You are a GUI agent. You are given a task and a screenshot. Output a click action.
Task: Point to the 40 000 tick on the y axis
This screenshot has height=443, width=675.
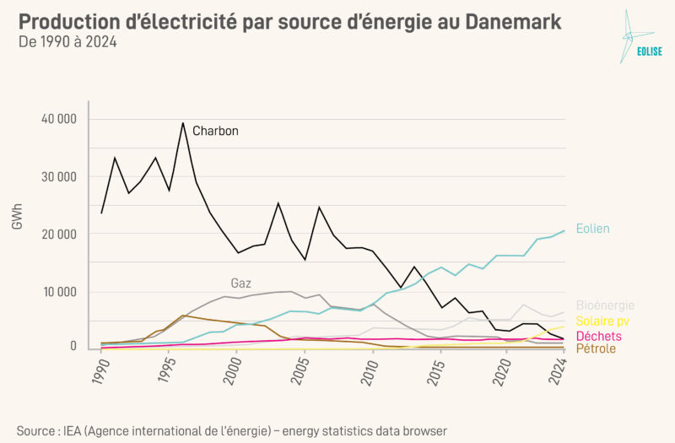pos(59,119)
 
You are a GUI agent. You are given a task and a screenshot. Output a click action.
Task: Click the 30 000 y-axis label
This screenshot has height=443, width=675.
pos(59,177)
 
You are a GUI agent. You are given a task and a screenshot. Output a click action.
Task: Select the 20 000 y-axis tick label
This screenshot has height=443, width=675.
pos(59,235)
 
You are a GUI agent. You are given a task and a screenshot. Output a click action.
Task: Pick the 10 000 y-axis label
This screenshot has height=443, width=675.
pos(59,293)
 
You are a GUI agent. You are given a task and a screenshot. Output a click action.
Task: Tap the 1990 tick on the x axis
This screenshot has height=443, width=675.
pos(101,372)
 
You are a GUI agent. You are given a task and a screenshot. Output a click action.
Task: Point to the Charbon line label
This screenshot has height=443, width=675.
pos(215,131)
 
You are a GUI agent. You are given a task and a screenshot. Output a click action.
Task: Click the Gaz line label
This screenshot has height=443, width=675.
pos(240,283)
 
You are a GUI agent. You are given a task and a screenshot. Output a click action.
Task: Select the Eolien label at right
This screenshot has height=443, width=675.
pos(593,228)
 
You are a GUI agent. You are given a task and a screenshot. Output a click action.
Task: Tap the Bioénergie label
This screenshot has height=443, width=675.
pos(605,305)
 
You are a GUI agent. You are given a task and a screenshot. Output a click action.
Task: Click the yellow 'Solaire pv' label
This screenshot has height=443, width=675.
pos(602,321)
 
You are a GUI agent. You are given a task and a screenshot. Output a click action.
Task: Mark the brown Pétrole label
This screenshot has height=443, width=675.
pos(596,348)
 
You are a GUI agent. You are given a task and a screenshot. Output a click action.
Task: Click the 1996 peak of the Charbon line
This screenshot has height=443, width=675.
pos(182,123)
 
